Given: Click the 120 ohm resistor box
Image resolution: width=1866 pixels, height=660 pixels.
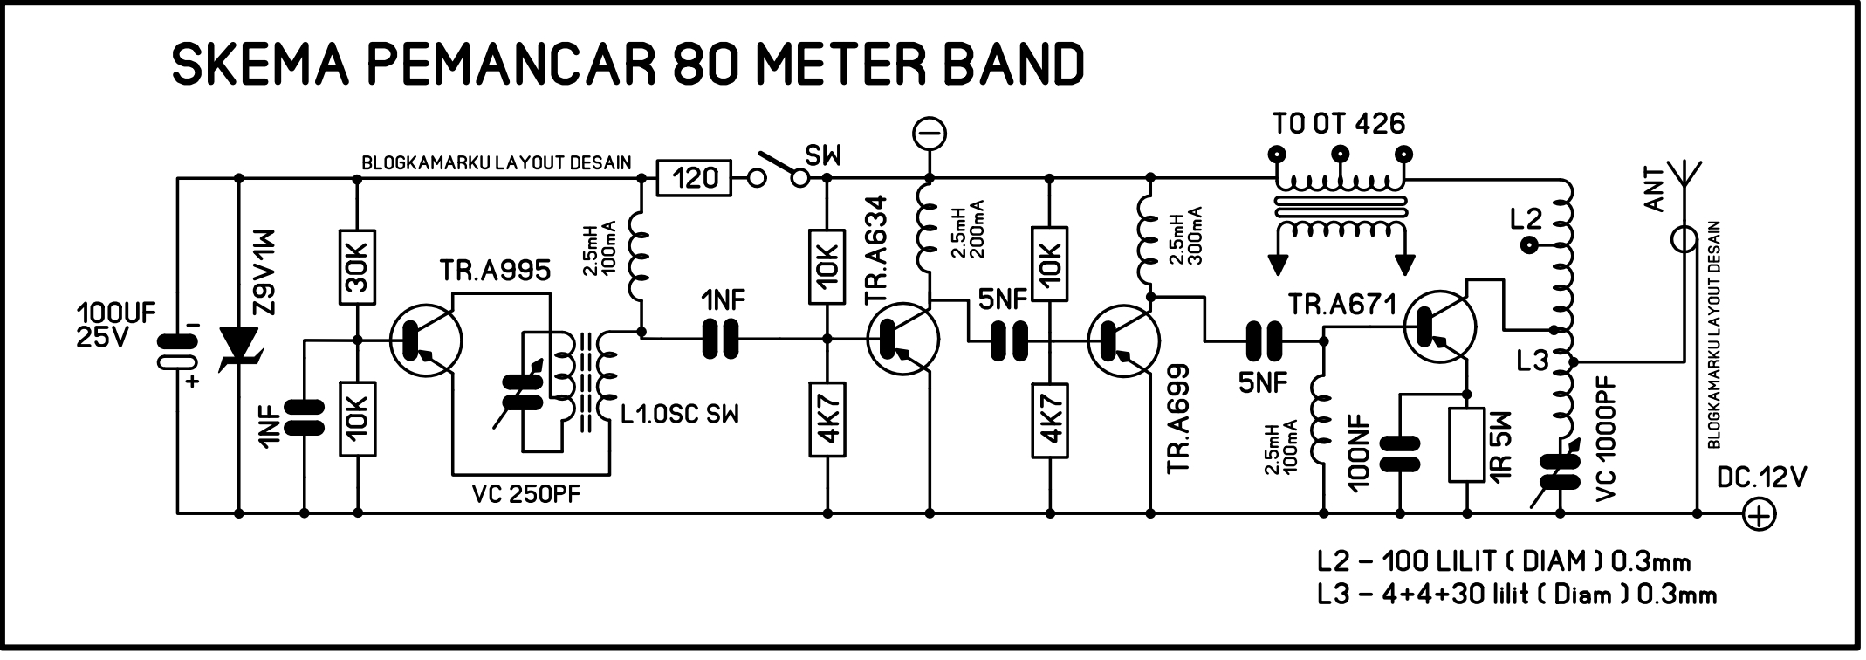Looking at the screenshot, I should click(x=696, y=179).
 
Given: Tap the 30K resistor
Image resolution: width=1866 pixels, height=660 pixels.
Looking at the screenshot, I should click(x=357, y=266).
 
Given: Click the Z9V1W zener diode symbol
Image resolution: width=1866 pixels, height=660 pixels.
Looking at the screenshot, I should click(x=238, y=345).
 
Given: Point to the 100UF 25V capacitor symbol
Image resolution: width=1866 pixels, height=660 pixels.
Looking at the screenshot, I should click(x=178, y=354).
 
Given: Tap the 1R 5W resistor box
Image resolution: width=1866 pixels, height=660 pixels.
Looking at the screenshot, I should click(x=1467, y=445).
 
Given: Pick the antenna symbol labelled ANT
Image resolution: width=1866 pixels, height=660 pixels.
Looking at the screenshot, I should click(x=1684, y=188).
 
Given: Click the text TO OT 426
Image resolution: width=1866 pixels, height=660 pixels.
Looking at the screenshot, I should click(x=1339, y=124).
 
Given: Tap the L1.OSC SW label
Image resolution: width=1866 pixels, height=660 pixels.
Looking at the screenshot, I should click(x=680, y=414).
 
